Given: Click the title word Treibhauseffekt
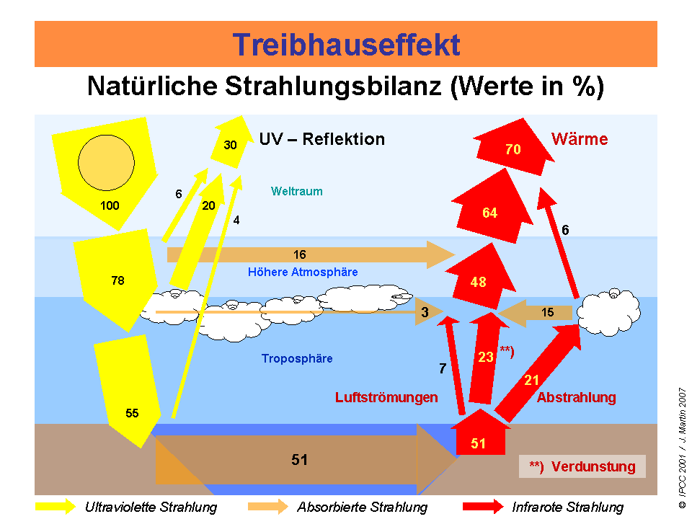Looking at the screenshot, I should point(346,45).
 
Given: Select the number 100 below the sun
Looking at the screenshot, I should point(110,205).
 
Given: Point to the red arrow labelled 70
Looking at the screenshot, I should point(513,150).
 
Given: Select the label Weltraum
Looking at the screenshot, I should point(296,192).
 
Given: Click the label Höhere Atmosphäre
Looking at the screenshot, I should point(303,272).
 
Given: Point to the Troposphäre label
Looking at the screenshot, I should point(297,358).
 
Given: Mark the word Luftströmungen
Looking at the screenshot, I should point(386,397).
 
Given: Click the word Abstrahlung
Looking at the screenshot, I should point(576,397).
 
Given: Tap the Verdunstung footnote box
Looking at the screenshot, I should point(582,466).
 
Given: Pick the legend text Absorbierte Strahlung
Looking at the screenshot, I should point(362,507).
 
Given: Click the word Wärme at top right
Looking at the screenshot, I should point(580,139).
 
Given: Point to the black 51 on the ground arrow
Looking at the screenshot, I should point(300,460).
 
